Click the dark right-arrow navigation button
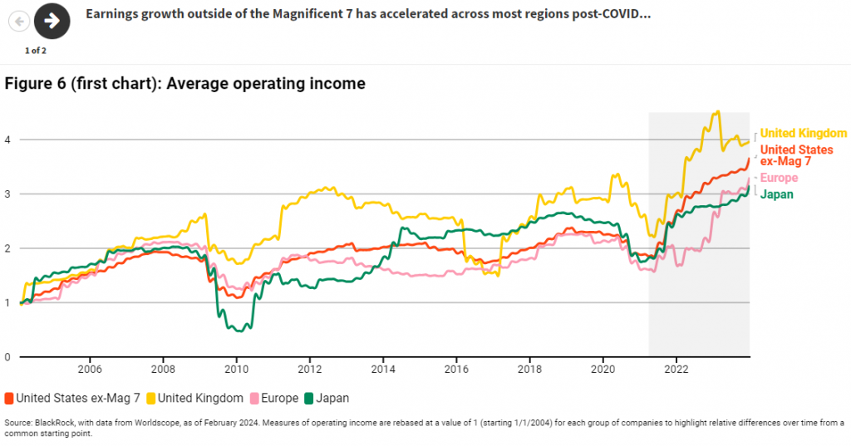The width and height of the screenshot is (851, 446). coord(52,21)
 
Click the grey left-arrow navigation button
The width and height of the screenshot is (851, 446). coord(19,21)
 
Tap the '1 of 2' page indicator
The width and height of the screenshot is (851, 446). coord(36,51)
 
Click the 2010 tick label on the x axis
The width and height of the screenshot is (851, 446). coord(236,369)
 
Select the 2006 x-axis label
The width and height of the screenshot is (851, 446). coord(89,369)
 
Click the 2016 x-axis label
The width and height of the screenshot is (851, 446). coord(456,369)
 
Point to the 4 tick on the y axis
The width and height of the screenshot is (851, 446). coord(8,140)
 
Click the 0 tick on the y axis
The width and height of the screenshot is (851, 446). coord(8,357)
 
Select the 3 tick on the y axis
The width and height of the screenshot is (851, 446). coord(8,194)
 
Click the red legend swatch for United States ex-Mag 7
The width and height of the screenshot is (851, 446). coord(9,399)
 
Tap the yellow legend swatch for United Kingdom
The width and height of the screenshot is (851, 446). coord(153,399)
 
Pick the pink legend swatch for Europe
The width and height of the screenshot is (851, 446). coord(255,399)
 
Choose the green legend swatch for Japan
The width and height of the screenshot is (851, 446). coord(310,399)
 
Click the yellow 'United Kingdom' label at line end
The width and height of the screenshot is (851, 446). coord(803,133)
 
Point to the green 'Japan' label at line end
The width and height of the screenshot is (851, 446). coord(776,194)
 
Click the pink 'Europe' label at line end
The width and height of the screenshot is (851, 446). coord(779,178)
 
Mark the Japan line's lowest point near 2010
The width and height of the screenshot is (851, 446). coord(239,331)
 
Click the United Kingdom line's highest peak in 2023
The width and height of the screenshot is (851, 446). coord(718,112)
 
